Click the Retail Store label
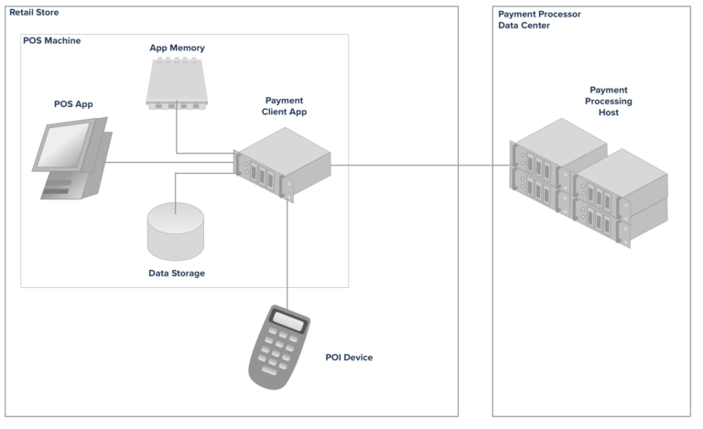[34, 13]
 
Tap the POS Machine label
[52, 41]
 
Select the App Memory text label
[177, 48]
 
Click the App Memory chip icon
[177, 83]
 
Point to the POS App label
[73, 104]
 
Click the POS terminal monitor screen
[63, 145]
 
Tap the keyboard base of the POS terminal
[67, 185]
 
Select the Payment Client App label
[285, 106]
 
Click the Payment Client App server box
[283, 165]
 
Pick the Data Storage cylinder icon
[176, 231]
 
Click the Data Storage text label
[177, 273]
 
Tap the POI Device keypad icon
[279, 347]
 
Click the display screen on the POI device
[288, 321]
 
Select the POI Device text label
[350, 358]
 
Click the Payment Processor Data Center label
[539, 20]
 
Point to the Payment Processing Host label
[609, 102]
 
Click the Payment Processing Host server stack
[589, 183]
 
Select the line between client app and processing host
[420, 166]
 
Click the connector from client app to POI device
[287, 254]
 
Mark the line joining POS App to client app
[170, 162]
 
